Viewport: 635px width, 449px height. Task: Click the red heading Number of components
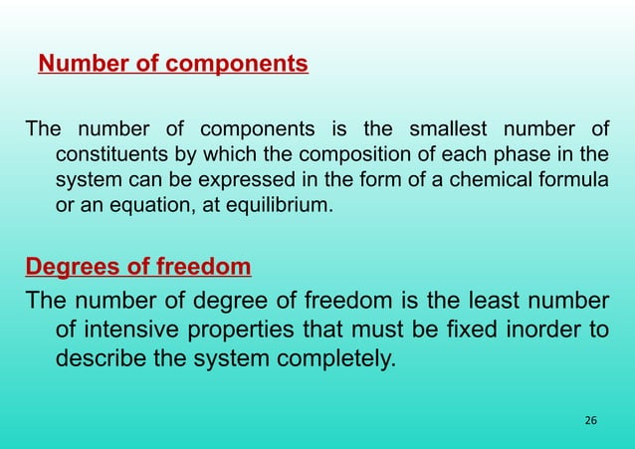coord(173,66)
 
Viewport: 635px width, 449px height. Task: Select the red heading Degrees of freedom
coord(137,267)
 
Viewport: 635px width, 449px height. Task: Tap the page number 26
coord(590,421)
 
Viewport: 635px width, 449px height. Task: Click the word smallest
coord(444,130)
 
